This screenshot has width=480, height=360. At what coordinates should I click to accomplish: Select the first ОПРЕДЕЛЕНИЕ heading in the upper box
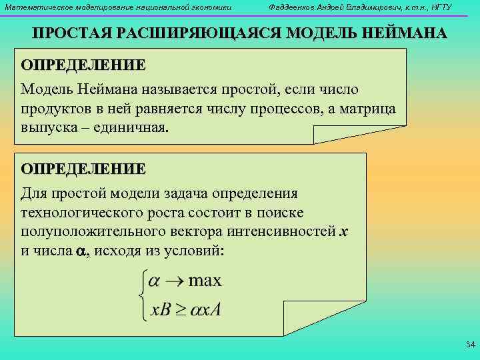click(x=83, y=65)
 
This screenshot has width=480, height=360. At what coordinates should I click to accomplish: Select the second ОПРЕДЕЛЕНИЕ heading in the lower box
click(x=83, y=169)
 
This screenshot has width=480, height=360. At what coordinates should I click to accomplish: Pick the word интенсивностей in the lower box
click(x=291, y=232)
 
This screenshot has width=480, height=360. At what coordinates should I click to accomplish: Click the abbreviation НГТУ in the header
click(x=439, y=7)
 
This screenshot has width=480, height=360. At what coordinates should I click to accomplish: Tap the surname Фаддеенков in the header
click(x=288, y=7)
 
